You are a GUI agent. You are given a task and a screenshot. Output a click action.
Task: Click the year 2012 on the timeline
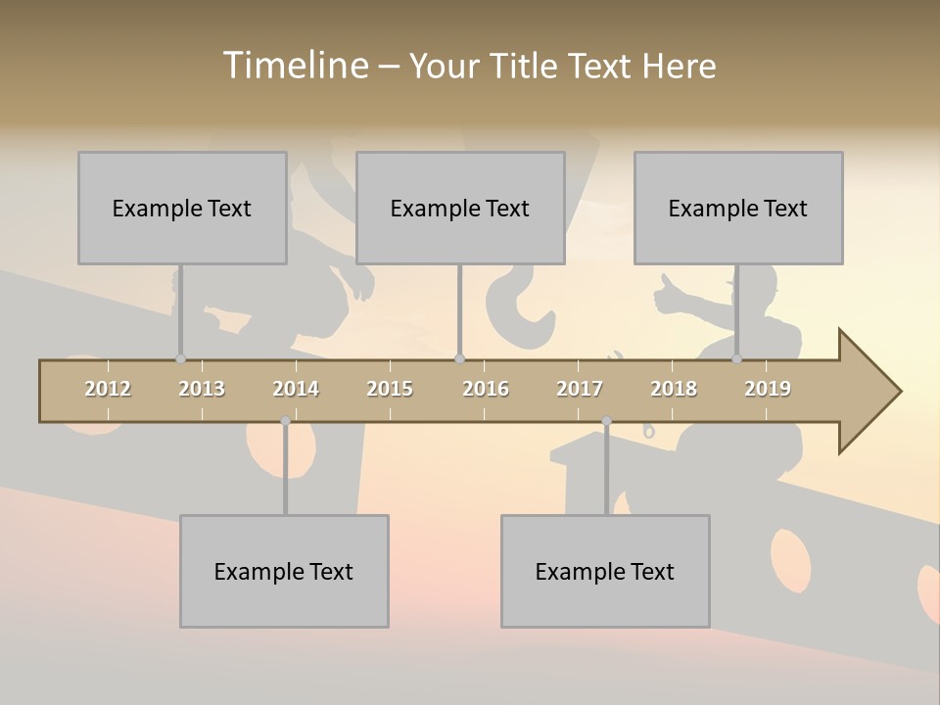tap(108, 389)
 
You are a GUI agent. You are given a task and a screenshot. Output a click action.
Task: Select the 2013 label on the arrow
tap(202, 389)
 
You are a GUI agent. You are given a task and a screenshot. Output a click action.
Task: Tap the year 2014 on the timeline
tap(296, 389)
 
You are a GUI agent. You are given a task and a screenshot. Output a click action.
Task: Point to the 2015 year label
tap(390, 389)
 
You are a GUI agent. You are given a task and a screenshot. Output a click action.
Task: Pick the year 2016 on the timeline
tap(486, 389)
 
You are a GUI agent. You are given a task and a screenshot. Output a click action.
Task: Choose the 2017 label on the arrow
tap(580, 389)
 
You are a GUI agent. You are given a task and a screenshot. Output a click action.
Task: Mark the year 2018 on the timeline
tap(674, 389)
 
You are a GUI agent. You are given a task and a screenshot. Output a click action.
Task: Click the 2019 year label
tap(768, 389)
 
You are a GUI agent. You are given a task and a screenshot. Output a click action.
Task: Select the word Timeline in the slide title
tap(294, 66)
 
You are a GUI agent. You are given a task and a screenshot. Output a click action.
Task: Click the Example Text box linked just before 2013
tap(182, 208)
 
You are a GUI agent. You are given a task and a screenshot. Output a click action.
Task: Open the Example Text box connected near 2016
tap(460, 208)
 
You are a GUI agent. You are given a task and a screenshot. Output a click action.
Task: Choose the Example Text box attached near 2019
tap(738, 208)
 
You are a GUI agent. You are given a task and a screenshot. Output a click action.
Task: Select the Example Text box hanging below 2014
tap(284, 571)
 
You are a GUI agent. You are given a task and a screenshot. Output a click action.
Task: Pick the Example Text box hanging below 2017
tap(605, 571)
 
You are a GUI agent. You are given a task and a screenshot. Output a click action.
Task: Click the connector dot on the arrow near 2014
tap(285, 421)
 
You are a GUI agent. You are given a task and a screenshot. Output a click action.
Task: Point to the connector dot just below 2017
tap(606, 421)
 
